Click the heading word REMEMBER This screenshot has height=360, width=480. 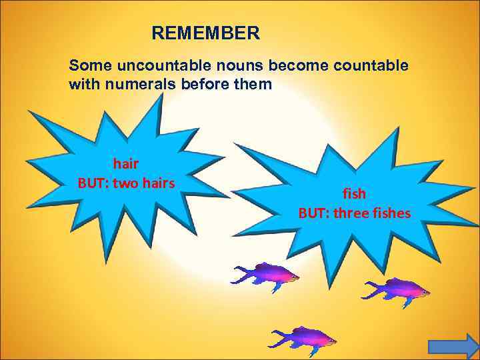(205, 33)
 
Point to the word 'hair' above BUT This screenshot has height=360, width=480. (126, 163)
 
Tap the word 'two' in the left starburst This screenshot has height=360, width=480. (125, 182)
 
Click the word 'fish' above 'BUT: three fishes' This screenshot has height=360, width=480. (354, 193)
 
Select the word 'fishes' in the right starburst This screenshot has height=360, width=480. (391, 213)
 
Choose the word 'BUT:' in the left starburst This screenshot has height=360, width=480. (93, 182)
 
